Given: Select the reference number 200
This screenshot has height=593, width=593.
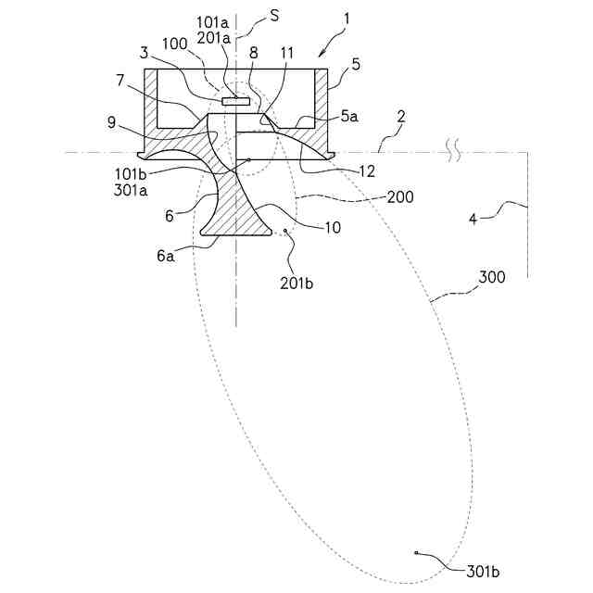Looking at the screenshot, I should [x=400, y=197].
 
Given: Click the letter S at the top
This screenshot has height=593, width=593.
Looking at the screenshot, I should [x=274, y=17].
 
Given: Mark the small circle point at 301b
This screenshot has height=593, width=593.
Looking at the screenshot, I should [x=418, y=553].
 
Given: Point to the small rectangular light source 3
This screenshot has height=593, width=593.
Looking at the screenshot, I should [x=235, y=99].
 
